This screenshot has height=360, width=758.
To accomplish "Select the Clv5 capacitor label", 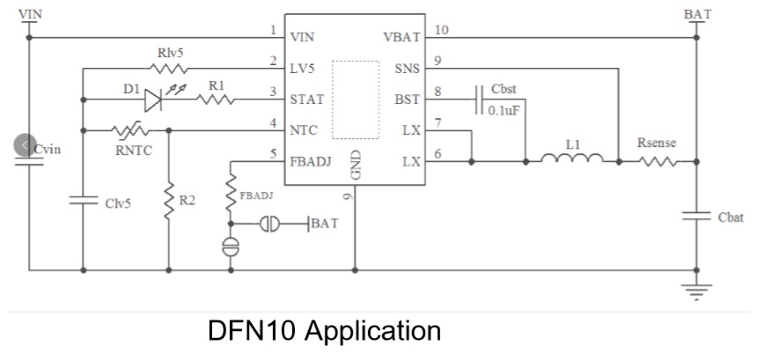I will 118,203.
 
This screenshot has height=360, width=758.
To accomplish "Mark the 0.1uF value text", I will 503,113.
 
